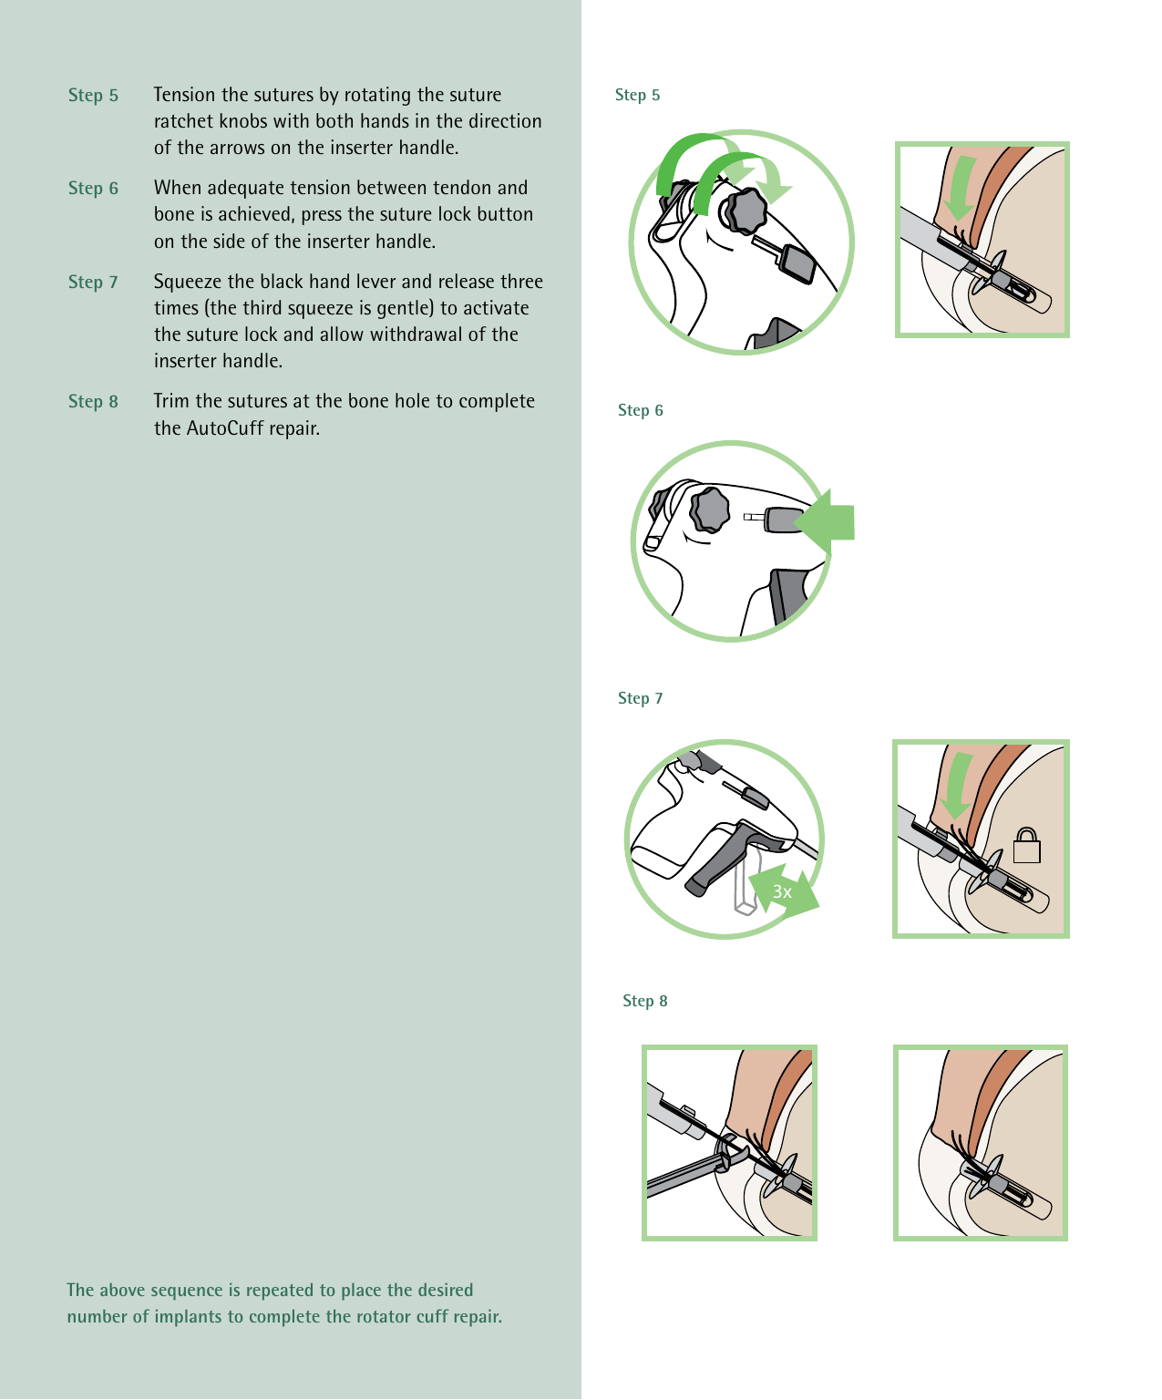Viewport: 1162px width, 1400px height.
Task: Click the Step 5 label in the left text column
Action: [x=93, y=96]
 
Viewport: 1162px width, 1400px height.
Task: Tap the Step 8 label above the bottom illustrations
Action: [x=644, y=1001]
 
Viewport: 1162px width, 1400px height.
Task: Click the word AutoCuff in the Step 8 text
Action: [x=224, y=428]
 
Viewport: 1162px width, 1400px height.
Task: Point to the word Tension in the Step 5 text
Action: [x=185, y=95]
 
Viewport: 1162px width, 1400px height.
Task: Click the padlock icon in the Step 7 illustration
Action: [x=1027, y=846]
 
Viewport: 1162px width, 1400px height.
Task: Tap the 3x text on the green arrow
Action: [x=782, y=891]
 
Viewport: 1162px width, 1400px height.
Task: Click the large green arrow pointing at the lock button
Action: [x=827, y=522]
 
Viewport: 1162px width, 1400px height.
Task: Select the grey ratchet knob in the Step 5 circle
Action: [x=746, y=211]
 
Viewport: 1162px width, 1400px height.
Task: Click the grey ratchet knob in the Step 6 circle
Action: [x=710, y=509]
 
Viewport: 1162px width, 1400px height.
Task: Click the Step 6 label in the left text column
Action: [x=93, y=189]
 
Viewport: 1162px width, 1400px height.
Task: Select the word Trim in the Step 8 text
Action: [x=171, y=402]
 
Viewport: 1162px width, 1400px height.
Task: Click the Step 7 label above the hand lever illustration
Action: [x=640, y=698]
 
